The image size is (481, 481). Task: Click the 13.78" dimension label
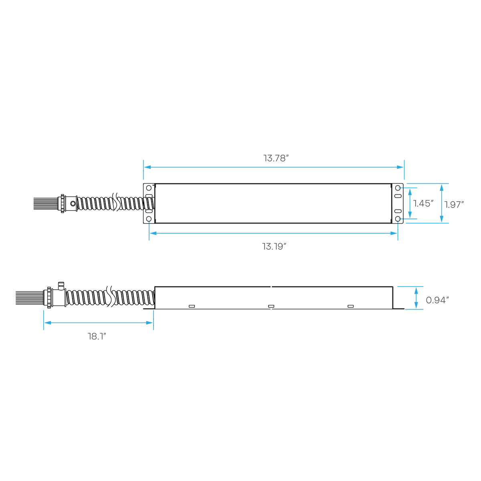[x=276, y=158]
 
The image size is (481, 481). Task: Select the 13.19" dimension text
[x=274, y=247]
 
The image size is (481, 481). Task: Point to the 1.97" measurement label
[x=454, y=205]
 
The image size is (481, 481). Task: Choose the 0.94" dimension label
[x=437, y=300]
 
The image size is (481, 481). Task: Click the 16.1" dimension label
[x=97, y=337]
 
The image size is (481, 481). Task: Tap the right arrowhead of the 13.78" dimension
[x=400, y=167]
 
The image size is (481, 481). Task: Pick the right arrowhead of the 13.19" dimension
[x=393, y=233]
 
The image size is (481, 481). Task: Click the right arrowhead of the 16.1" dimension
[x=150, y=323]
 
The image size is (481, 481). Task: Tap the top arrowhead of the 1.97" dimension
[x=442, y=187]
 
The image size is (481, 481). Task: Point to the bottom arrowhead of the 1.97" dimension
[x=442, y=219]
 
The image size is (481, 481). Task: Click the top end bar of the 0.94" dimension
[x=410, y=287]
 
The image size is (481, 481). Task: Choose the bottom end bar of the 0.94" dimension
[x=414, y=309]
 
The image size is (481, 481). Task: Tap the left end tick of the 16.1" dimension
[x=44, y=320]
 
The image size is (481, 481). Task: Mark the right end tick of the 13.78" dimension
[x=404, y=170]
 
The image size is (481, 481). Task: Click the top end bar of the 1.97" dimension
[x=428, y=183]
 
